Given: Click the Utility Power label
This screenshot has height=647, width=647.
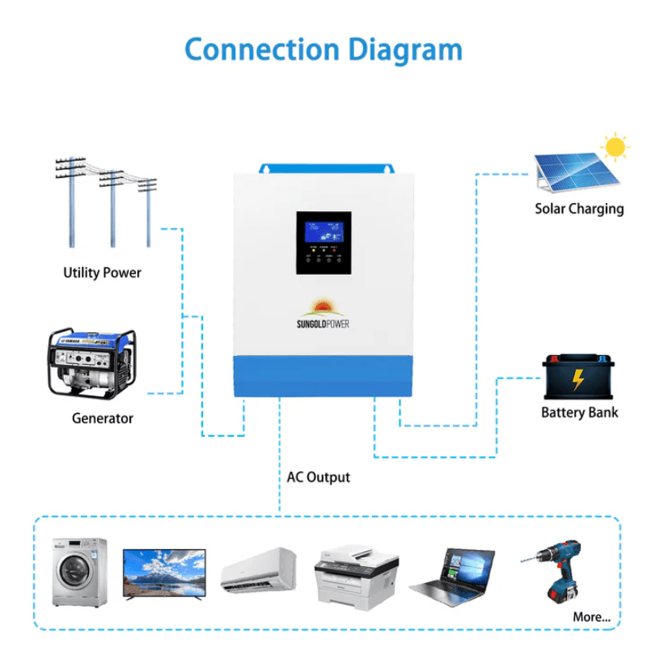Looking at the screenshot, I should click(102, 273).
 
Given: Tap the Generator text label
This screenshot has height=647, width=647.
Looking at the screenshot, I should click(102, 418).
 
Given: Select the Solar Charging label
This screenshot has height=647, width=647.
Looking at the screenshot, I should click(579, 209).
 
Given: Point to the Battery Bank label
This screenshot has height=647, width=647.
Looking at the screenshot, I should click(579, 412).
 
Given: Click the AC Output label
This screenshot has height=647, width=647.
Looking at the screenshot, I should click(319, 477).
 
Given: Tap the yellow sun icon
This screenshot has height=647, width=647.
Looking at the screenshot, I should click(616, 147).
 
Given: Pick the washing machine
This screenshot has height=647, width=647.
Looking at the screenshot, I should click(79, 572).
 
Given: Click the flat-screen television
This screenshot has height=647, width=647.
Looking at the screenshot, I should click(164, 573).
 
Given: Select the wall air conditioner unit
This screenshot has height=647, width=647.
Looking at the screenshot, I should click(260, 568).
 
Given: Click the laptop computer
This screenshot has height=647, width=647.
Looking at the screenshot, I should click(453, 573).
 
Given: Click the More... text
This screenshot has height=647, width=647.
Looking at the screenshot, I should click(592, 617).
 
